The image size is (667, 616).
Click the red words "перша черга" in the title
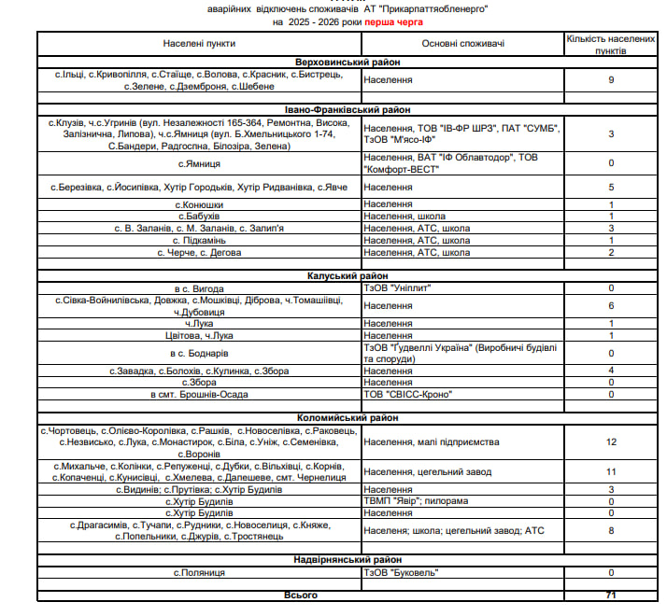coord(393,20)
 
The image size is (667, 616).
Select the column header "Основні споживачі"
coord(462,44)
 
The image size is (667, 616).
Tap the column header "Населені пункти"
coord(199,44)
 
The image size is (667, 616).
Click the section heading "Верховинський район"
coord(347,62)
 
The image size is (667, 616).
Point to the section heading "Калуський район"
coord(347,276)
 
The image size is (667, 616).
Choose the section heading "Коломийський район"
coord(347,419)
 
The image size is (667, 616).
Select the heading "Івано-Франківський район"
coord(347,110)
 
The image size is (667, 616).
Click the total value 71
coord(611,595)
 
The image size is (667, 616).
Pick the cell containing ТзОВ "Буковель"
coord(401,572)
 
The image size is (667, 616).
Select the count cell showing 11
coord(611,471)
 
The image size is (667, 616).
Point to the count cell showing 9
coord(611,80)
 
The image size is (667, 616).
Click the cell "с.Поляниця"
coord(199,572)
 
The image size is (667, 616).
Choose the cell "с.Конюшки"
coord(199,203)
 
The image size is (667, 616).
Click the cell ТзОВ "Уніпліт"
coord(399,289)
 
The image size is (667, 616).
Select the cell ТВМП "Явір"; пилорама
coord(416,501)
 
